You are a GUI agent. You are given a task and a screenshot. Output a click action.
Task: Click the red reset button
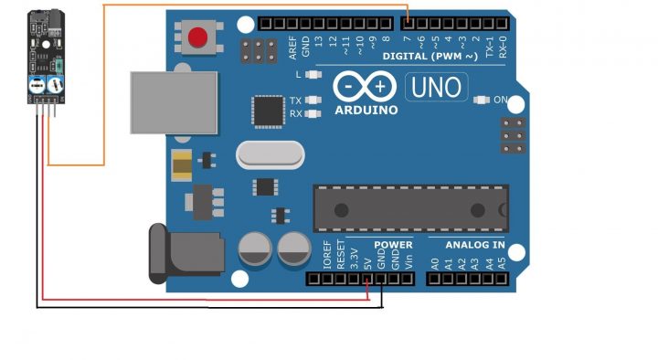coord(196,38)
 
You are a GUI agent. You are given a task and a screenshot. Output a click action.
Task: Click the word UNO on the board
coord(436,88)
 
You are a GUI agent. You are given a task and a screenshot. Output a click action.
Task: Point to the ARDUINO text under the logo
coord(366,110)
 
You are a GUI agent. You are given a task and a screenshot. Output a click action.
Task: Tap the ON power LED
coord(482,100)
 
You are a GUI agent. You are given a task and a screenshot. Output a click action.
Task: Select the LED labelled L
coord(313,74)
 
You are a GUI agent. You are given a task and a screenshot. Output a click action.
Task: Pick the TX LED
coord(314,100)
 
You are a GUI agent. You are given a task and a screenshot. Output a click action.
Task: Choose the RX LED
coord(314,113)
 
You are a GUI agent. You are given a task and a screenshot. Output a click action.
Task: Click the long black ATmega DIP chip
coord(409,208)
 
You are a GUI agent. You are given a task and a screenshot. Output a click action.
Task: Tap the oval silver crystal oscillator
coord(269,155)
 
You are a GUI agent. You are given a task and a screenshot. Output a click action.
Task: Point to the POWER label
coord(393,245)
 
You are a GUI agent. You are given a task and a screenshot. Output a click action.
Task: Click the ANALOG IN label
coord(474,245)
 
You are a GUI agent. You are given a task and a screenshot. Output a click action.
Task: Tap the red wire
coord(183,297)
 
